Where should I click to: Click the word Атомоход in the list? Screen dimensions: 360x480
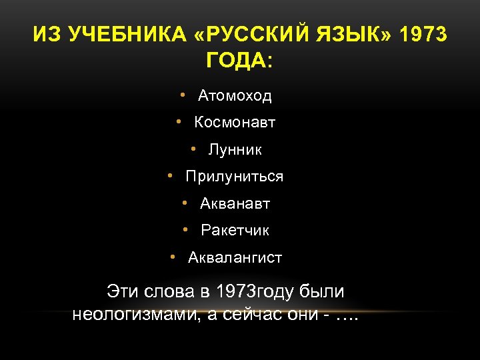235,96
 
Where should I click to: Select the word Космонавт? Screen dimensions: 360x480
235,123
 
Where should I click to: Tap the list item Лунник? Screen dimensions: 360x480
235,150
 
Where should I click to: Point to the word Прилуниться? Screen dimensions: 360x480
235,177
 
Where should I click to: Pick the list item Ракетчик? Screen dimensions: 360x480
235,231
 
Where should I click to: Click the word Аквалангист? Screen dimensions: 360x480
235,257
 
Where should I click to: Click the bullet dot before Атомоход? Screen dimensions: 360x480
182,95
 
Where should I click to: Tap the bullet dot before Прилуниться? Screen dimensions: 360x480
171,176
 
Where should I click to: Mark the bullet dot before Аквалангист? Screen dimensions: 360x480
173,257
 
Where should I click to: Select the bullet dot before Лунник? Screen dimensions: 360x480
193,149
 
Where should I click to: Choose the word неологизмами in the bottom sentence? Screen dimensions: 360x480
137,314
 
